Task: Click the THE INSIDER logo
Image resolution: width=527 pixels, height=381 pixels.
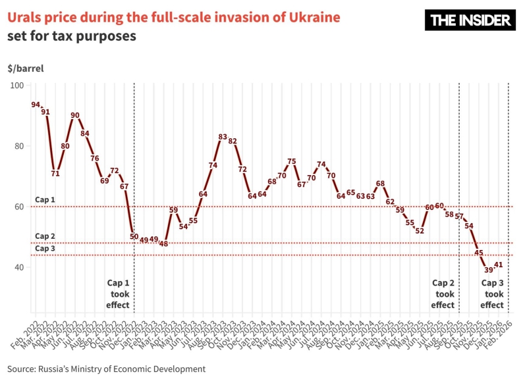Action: [471, 20]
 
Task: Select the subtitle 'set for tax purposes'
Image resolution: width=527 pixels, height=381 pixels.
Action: [72, 36]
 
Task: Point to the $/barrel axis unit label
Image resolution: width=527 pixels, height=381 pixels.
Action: [25, 68]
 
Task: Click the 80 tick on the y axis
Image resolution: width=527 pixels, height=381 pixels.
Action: [19, 146]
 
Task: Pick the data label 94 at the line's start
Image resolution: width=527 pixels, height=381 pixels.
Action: [36, 105]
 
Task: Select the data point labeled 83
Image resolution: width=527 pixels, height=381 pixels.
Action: [223, 137]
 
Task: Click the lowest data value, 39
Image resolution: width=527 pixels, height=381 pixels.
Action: [489, 270]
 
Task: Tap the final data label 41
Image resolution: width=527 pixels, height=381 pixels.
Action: [499, 265]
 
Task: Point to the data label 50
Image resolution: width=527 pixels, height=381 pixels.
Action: [134, 237]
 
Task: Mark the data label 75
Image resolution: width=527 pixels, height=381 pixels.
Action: [292, 161]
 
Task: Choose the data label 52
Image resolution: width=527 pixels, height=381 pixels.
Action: [420, 231]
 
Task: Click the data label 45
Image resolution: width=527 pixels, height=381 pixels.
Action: [479, 253]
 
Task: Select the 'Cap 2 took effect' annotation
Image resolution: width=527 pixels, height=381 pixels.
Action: [443, 293]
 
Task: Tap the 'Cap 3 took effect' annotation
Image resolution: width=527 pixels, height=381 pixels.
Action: [492, 293]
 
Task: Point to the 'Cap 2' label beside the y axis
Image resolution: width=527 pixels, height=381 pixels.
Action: [45, 236]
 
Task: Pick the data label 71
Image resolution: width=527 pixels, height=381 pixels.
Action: [55, 174]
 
